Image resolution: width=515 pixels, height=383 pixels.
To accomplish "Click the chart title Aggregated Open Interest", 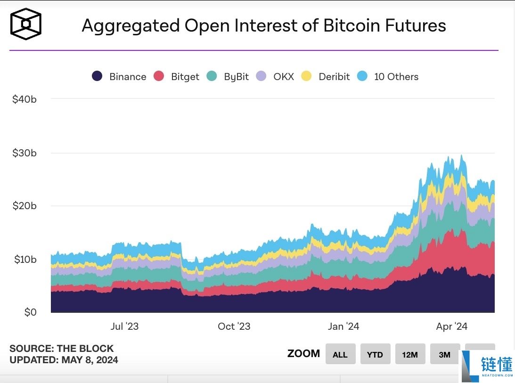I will point(263,25).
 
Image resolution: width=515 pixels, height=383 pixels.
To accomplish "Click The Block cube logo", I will point(26,24).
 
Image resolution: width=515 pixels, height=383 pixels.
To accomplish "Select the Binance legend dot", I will point(98,76).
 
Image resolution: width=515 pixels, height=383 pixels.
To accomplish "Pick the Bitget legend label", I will point(185,77).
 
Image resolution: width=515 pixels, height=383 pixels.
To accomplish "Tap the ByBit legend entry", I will point(236,77).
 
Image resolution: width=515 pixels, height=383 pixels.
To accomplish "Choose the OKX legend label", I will point(283,77).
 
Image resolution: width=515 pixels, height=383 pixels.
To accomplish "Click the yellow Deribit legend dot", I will point(307,76).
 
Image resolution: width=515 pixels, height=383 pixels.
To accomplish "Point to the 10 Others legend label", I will point(396,77).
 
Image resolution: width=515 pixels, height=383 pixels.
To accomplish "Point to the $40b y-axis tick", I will point(25,99).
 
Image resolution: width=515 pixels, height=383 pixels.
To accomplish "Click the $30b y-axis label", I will point(25,153).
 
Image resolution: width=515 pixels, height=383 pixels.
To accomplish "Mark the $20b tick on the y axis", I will point(25,206).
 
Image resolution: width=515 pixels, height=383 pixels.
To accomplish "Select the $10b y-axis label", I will point(25,259).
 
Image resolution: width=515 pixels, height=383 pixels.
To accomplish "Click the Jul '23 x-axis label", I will point(124,326).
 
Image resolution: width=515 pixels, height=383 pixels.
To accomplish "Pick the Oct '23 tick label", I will point(234,326).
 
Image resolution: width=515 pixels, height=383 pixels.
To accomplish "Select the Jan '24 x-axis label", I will point(343,326).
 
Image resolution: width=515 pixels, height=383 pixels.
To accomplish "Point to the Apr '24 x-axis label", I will point(451,326).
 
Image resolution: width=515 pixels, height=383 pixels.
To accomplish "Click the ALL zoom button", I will point(340,354).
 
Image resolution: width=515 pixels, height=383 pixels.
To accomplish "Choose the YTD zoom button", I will point(375,354).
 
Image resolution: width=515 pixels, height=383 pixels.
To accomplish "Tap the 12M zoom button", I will point(410,354).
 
